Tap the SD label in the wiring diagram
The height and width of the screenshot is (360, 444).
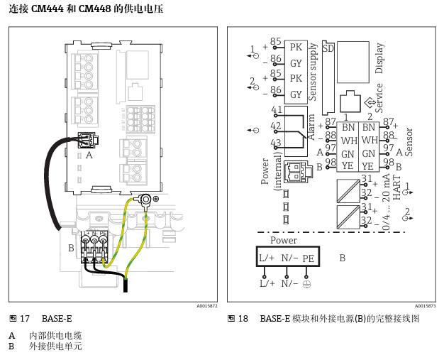point(328,48)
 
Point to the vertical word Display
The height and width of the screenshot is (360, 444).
point(379,58)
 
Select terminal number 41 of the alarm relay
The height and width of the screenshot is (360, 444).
point(277,110)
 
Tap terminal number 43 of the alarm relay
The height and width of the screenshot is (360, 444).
point(277,143)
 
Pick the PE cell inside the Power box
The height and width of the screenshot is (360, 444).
point(309,258)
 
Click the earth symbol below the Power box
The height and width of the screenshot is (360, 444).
point(307,284)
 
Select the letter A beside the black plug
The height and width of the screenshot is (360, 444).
point(89,154)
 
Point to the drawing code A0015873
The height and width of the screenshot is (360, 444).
point(425,306)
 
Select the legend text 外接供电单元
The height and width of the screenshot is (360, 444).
point(55,347)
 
